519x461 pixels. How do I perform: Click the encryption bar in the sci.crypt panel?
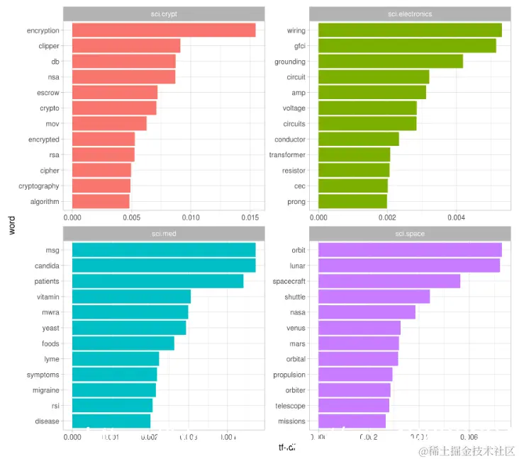click(x=164, y=30)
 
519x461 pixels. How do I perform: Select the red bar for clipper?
click(x=126, y=46)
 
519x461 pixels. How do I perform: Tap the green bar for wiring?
click(x=410, y=30)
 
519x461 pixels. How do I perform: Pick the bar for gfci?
click(x=407, y=46)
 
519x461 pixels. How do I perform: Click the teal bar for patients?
click(x=157, y=281)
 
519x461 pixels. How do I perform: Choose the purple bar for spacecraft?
click(x=389, y=281)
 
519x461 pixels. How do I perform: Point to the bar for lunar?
click(x=409, y=266)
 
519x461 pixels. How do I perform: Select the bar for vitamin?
click(x=131, y=297)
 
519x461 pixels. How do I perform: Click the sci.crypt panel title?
click(x=164, y=13)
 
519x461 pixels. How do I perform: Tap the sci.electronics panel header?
click(x=410, y=13)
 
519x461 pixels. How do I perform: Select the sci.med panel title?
click(x=164, y=233)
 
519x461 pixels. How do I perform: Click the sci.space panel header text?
click(x=410, y=233)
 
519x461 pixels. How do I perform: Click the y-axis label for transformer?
click(x=287, y=155)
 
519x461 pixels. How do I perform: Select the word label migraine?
click(x=43, y=390)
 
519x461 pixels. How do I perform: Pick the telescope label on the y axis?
click(x=290, y=406)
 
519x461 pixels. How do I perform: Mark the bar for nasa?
click(x=367, y=312)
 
